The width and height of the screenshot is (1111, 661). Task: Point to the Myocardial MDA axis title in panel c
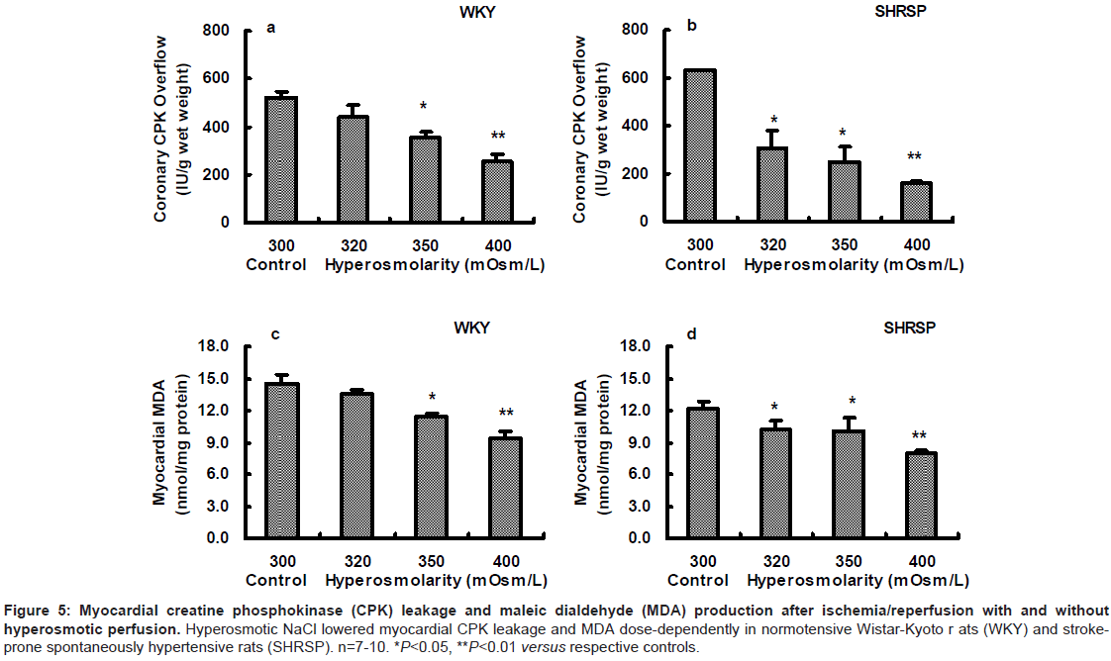[x=159, y=442]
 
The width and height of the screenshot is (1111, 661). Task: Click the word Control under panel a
[x=281, y=264]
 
